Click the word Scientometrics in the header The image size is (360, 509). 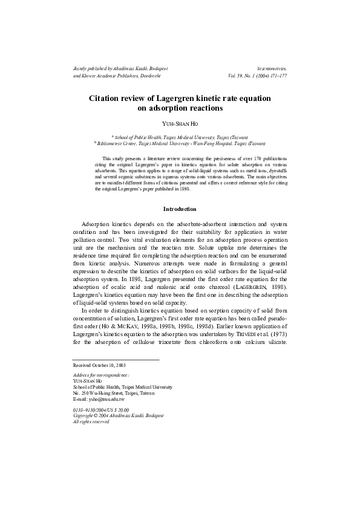point(271,70)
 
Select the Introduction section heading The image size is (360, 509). point(180,209)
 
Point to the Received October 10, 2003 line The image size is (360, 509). point(99,366)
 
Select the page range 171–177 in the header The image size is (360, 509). point(275,77)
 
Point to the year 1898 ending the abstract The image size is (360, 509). point(185,189)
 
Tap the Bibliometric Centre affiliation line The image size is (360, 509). point(180,144)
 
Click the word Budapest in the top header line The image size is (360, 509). point(155,70)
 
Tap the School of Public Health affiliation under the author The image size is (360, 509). point(180,138)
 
